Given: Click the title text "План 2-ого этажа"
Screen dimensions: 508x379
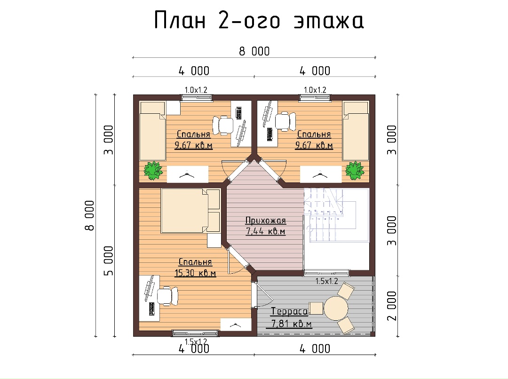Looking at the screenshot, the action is [x=259, y=20].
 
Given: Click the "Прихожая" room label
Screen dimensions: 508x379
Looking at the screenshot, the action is [x=265, y=221].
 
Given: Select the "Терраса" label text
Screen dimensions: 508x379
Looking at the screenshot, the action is [x=289, y=311].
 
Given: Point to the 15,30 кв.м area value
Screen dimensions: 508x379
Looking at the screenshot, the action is [x=195, y=273].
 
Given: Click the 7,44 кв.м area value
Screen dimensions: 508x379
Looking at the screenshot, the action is [x=266, y=231].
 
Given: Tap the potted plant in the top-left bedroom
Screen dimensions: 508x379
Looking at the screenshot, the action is [x=153, y=170].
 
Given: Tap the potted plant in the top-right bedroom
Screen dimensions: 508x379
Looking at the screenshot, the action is [x=355, y=170].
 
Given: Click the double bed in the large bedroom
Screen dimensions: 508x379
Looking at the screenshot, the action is [x=190, y=211].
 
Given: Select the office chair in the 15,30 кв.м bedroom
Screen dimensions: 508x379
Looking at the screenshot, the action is [x=167, y=296].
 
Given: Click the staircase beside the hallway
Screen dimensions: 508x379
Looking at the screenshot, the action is [x=336, y=215].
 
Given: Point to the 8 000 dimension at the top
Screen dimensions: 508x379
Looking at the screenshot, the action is [x=254, y=51].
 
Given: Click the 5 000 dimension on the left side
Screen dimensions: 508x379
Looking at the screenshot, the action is [x=109, y=261].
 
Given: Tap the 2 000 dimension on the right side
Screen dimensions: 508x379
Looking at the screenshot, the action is [x=392, y=306].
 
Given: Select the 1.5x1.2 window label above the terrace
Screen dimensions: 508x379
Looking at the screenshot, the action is [x=326, y=281].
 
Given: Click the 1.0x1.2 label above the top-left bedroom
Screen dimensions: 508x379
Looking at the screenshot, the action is [x=196, y=90].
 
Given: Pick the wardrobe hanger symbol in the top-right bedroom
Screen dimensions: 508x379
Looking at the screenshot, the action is [x=321, y=175].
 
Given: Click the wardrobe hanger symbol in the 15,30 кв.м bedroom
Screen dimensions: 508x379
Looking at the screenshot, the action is [x=236, y=324].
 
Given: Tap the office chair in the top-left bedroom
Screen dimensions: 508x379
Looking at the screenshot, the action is [x=222, y=125].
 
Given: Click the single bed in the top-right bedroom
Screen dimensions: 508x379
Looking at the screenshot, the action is [x=356, y=131].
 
